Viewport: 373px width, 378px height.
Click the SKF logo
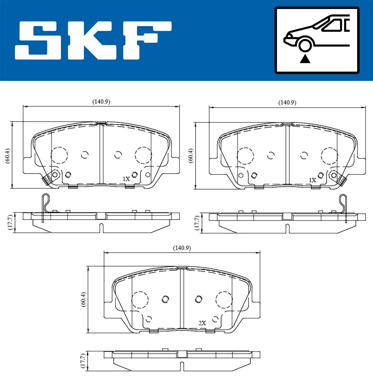tap(93, 40)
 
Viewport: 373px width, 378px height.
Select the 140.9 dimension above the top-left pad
tap(101, 101)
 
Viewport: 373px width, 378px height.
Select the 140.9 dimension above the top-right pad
tap(287, 102)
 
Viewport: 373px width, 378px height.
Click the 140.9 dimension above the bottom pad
tap(182, 248)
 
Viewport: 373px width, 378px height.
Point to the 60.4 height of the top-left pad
tap(8, 155)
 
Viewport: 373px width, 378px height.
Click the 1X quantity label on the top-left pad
tap(126, 179)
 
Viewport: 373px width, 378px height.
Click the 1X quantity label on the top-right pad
tap(312, 180)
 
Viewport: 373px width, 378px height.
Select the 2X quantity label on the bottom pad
tap(202, 323)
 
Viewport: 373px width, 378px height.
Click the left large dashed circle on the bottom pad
tap(140, 300)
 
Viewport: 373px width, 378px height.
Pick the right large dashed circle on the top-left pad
tap(143, 155)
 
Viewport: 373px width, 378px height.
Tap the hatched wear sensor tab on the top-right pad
tap(342, 179)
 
